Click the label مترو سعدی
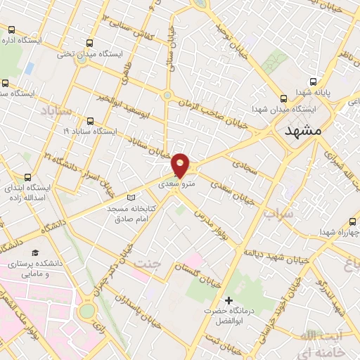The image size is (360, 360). click(x=176, y=184)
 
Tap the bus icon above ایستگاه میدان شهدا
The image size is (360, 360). click(x=283, y=98)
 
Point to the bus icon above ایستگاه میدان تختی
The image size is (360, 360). click(x=87, y=42)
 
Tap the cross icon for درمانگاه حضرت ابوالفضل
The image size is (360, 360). click(x=227, y=300)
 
